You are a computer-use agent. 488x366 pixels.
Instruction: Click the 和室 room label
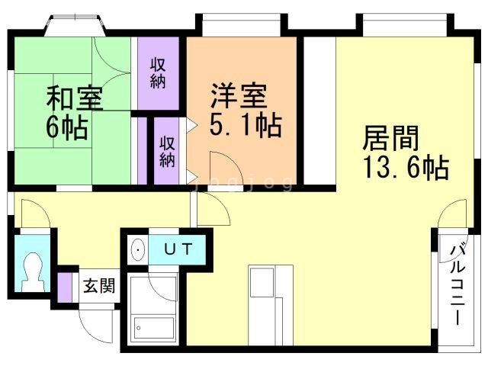pos(75,99)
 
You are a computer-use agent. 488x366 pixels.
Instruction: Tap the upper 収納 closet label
pos(158,74)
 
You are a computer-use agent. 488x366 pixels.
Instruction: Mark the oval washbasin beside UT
pos(138,249)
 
